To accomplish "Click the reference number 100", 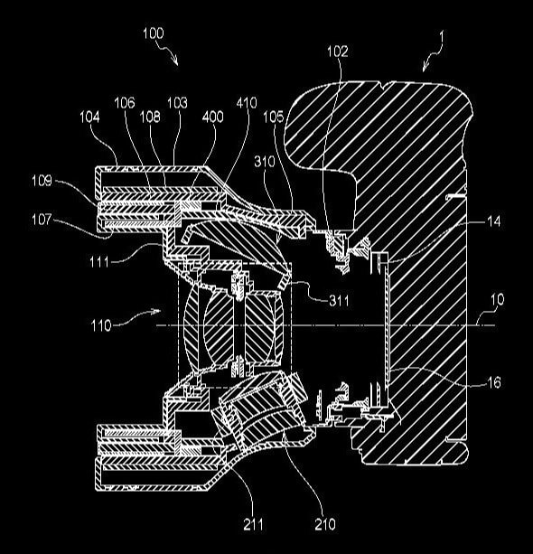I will tap(153, 33).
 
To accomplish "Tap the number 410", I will tap(246, 105).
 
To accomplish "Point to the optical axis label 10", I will tap(498, 298).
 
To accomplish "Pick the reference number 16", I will tap(494, 382).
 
